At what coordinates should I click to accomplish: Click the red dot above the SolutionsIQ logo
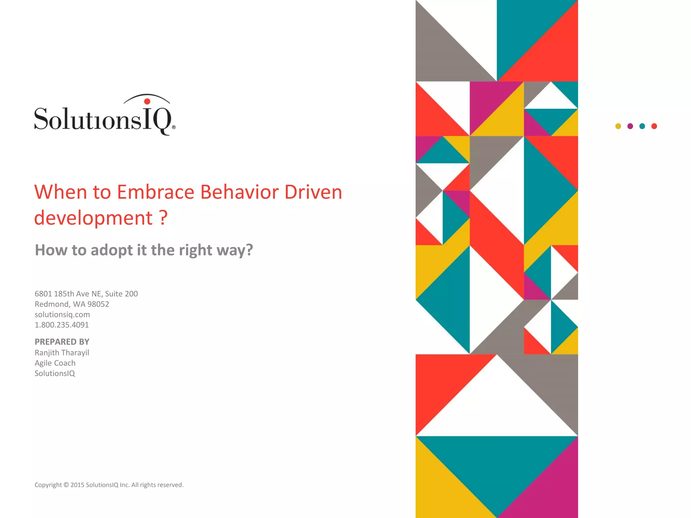point(147,101)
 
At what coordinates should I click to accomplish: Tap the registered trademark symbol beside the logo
point(174,127)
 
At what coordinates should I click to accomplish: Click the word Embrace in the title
point(156,192)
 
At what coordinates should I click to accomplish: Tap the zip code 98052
point(98,304)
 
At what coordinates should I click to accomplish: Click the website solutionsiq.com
point(62,315)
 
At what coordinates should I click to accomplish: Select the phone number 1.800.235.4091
point(62,325)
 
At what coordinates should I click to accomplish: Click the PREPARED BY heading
point(62,342)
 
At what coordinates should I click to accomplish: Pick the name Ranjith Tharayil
point(62,353)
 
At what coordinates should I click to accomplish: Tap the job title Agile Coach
point(55,363)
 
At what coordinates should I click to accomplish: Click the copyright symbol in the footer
point(66,485)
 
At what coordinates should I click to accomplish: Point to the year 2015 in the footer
point(77,485)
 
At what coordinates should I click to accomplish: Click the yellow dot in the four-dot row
point(618,126)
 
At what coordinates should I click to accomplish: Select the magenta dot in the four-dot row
point(630,126)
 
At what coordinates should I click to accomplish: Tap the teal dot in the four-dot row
point(642,126)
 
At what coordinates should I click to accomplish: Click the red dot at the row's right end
point(654,126)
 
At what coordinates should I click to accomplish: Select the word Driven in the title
point(313,192)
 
